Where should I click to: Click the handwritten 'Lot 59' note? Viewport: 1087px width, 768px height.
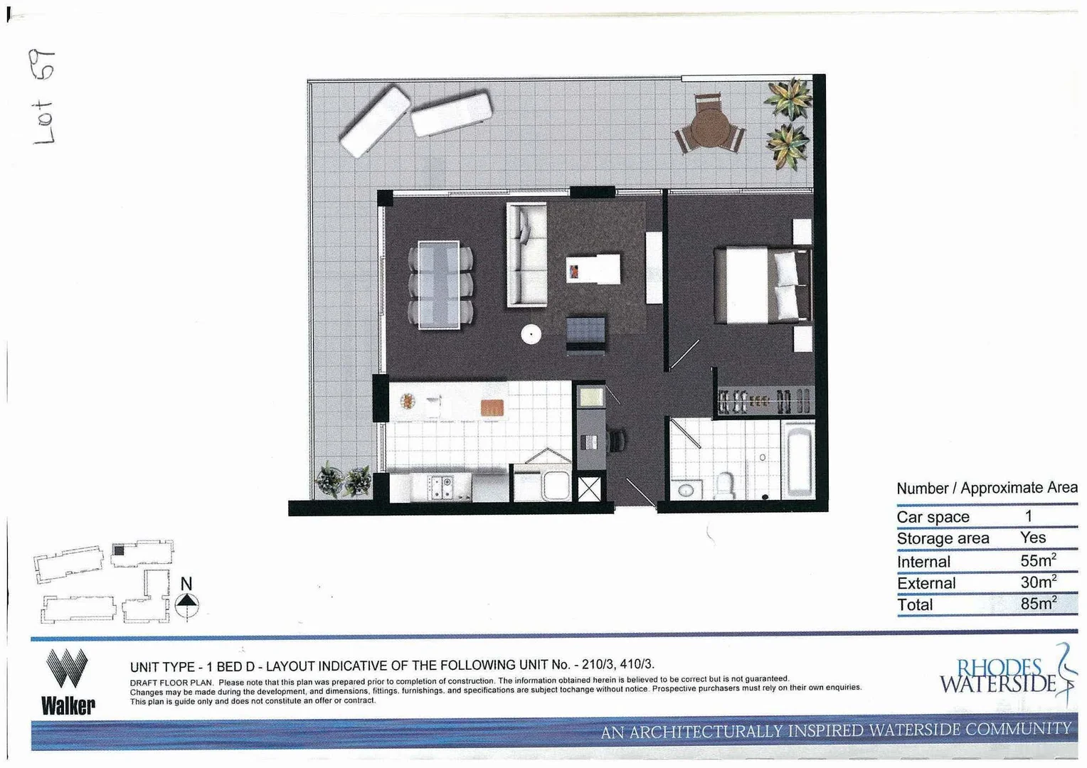(43, 97)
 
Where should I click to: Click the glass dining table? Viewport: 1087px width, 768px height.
(438, 285)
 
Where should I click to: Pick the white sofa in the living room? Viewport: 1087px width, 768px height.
(526, 255)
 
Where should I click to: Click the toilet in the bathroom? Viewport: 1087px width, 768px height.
(725, 486)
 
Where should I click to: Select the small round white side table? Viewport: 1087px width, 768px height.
(531, 334)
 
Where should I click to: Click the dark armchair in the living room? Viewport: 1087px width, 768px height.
(586, 334)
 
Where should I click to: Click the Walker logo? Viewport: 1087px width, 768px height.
(68, 682)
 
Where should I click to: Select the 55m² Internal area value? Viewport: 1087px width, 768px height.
(1038, 560)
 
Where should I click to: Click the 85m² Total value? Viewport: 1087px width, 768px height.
(1038, 604)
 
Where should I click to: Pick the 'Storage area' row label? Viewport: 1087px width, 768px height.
(943, 538)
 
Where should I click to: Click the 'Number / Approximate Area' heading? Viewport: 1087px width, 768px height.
(986, 489)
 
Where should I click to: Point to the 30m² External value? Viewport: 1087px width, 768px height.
(1038, 582)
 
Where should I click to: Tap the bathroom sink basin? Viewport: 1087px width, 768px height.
(686, 490)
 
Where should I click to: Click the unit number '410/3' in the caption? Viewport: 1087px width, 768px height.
(636, 665)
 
